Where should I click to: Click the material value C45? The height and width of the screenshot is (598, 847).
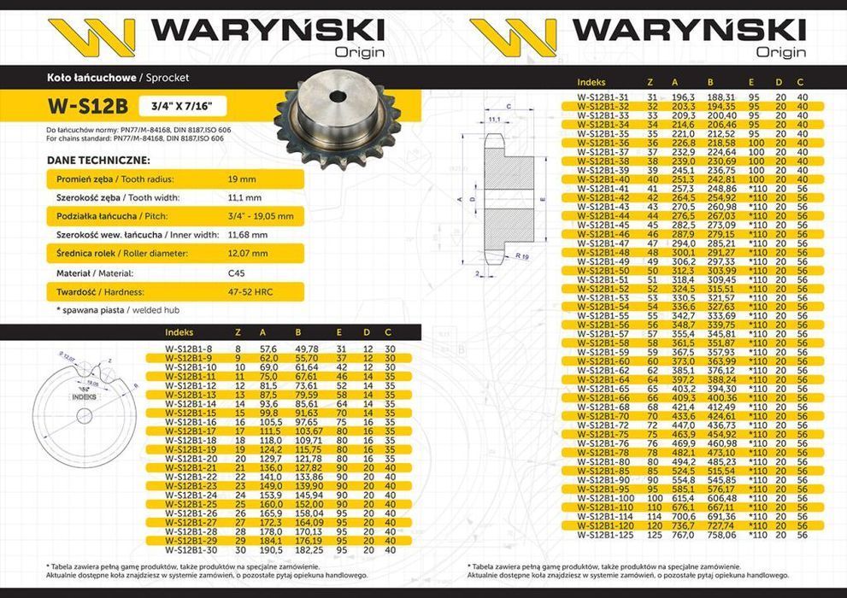click(x=237, y=273)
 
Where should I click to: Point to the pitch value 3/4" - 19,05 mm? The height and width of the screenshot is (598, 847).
click(x=261, y=216)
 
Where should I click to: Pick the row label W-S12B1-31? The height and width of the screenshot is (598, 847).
click(x=602, y=97)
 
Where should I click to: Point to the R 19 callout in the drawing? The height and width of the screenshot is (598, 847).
click(x=522, y=255)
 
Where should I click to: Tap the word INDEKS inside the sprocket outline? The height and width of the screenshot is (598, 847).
click(x=85, y=396)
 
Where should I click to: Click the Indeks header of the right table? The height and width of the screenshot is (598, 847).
click(x=591, y=82)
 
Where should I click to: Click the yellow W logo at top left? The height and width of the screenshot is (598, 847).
click(x=91, y=37)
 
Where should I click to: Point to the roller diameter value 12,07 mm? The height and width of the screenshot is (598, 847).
click(x=249, y=254)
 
